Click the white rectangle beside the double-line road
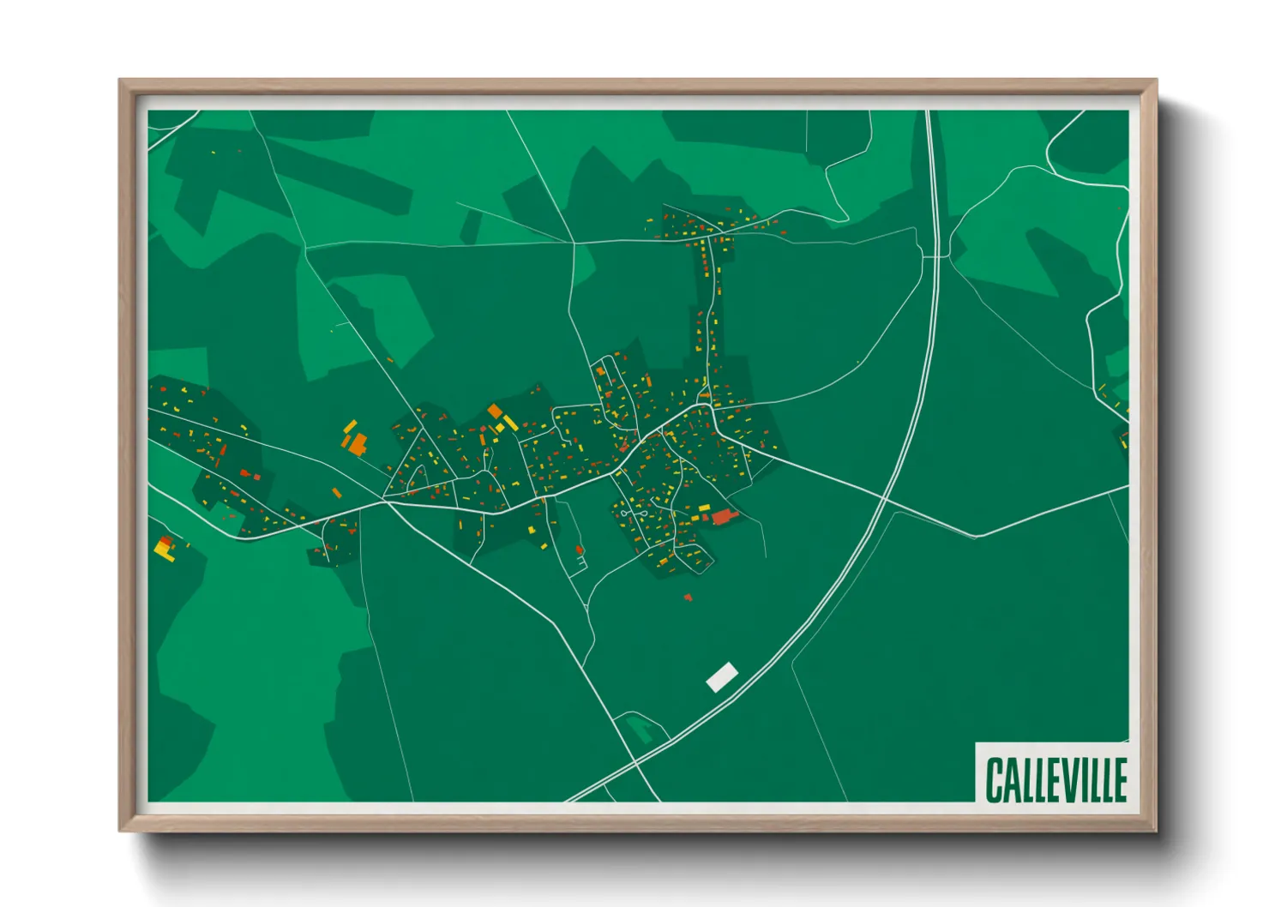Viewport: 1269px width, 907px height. pyautogui.click(x=722, y=676)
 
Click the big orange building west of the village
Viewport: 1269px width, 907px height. pyautogui.click(x=358, y=443)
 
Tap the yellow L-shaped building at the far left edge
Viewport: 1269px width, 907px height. pyautogui.click(x=164, y=549)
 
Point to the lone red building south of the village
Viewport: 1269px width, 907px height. pyautogui.click(x=688, y=597)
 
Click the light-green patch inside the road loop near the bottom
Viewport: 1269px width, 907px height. pyautogui.click(x=640, y=730)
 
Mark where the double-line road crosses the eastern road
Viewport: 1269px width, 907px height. pyautogui.click(x=883, y=496)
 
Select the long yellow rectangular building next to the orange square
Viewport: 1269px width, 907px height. pyautogui.click(x=509, y=422)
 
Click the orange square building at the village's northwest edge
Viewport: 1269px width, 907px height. pyautogui.click(x=495, y=411)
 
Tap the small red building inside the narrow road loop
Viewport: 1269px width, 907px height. pyautogui.click(x=580, y=550)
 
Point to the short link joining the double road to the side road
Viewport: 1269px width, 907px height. pyautogui.click(x=935, y=256)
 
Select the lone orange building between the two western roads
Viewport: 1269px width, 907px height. pyautogui.click(x=337, y=493)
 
